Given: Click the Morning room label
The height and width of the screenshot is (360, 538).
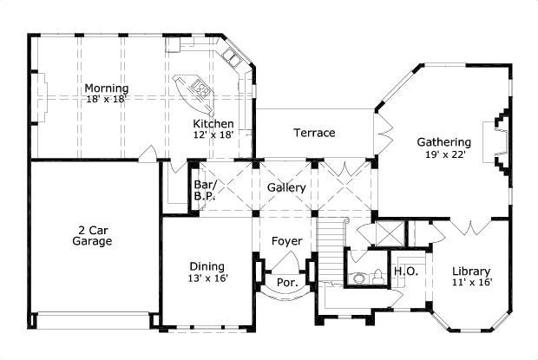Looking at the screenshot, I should pos(107,88).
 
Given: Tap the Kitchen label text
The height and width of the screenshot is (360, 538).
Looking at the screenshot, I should pos(213,124).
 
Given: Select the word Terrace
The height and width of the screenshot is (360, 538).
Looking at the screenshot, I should pos(314,133).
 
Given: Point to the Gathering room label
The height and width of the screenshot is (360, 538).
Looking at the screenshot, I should pos(443,142).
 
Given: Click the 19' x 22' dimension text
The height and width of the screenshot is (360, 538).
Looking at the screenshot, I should pos(443,154).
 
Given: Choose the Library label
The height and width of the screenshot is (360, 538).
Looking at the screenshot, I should pos(471,271).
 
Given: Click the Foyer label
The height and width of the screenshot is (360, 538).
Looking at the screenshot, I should pos(286,240).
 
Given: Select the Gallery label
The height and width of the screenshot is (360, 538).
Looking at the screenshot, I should pos(285,187).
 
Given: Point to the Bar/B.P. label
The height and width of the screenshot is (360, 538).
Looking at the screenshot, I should pos(204,191).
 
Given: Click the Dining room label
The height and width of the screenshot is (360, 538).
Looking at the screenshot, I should pos(207,266).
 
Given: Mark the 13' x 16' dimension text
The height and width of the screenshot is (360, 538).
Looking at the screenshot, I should pos(207,278).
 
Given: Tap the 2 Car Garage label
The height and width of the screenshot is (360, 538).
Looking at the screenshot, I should pos(92,236).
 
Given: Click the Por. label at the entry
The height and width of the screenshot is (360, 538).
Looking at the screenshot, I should pos(286,283).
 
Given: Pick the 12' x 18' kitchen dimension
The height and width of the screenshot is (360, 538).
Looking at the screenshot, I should pos(213,136).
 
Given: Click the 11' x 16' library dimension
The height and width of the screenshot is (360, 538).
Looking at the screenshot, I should pos(471,283).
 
